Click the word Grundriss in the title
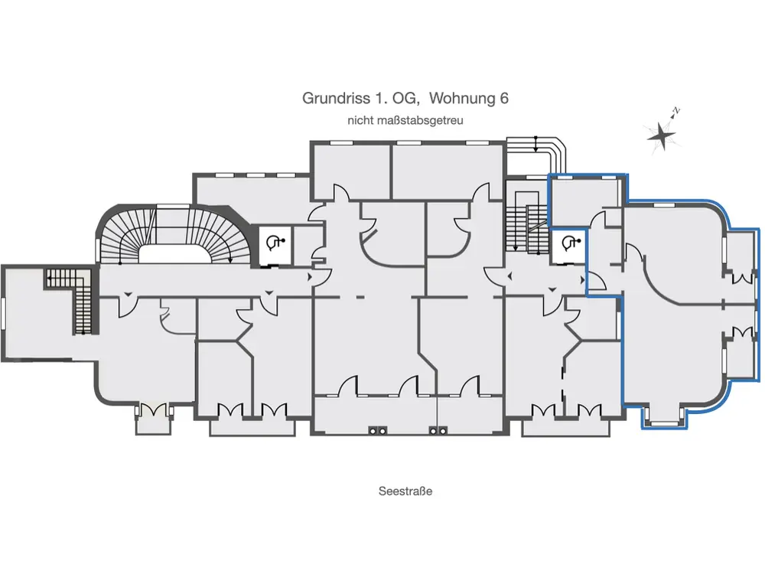coord(336,98)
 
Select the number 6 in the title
coord(504,98)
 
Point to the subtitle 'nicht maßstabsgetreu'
coord(405,120)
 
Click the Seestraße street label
coord(405,491)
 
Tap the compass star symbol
coord(662,135)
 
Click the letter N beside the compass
coord(676,111)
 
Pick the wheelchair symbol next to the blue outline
coord(569,243)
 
